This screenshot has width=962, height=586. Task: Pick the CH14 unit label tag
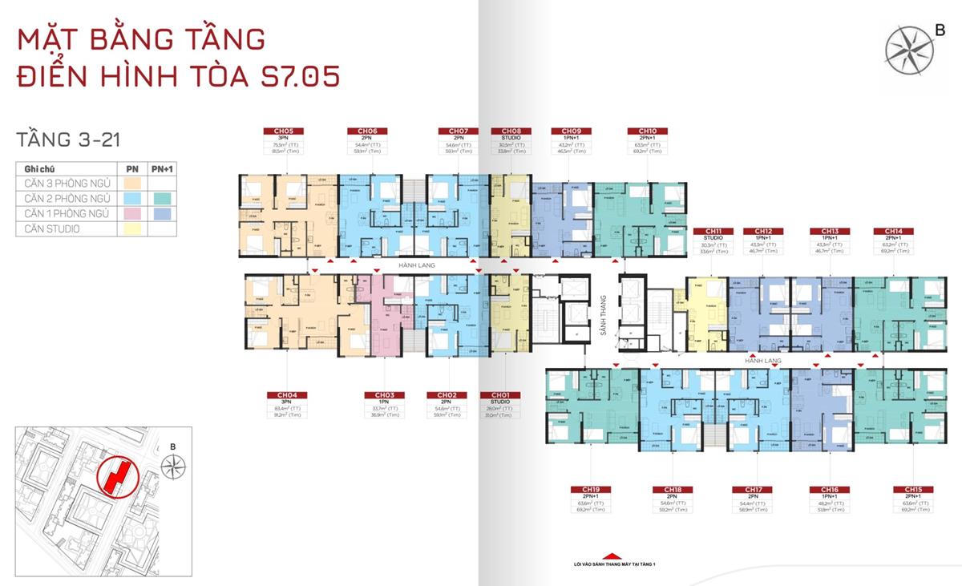(x=892, y=231)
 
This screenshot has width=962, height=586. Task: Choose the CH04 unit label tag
(x=288, y=395)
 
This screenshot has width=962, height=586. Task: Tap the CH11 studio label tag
(x=713, y=231)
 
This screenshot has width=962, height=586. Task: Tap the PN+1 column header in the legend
(x=163, y=169)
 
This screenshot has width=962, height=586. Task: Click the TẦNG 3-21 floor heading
(x=67, y=139)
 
